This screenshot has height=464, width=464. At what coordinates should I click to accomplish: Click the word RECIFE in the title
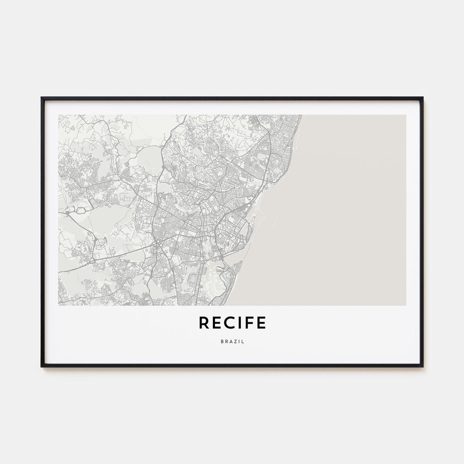[x=232, y=323]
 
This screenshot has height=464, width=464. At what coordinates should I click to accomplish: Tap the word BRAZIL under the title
[x=232, y=341]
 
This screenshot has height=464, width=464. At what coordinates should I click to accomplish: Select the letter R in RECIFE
[x=204, y=323]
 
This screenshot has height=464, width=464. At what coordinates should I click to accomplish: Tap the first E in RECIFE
[x=216, y=323]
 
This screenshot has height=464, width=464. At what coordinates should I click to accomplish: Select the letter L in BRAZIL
[x=243, y=341]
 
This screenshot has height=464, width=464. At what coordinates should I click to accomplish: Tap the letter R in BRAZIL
[x=225, y=341]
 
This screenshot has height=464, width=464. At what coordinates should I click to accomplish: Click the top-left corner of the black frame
[x=42, y=97]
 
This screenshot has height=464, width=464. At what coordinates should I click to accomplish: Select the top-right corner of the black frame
[x=423, y=97]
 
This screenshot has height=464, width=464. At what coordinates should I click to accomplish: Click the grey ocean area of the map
[x=351, y=206]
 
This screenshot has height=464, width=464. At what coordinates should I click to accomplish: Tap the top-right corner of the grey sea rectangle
[x=405, y=115]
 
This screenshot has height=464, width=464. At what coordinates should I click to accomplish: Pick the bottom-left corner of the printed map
[x=59, y=305]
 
